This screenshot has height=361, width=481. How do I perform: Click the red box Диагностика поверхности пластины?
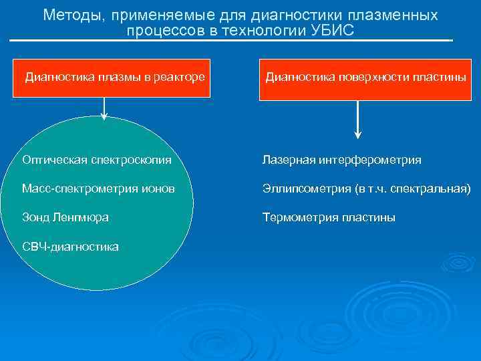click(x=366, y=76)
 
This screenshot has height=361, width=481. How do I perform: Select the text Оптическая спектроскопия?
click(x=96, y=160)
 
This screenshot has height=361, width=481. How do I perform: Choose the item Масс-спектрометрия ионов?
click(x=98, y=189)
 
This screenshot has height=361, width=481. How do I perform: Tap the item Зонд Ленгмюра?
click(x=65, y=217)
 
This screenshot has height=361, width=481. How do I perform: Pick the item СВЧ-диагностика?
click(x=70, y=247)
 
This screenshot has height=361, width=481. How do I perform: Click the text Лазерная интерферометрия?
click(x=342, y=160)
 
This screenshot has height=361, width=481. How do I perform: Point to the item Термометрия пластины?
click(x=329, y=217)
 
